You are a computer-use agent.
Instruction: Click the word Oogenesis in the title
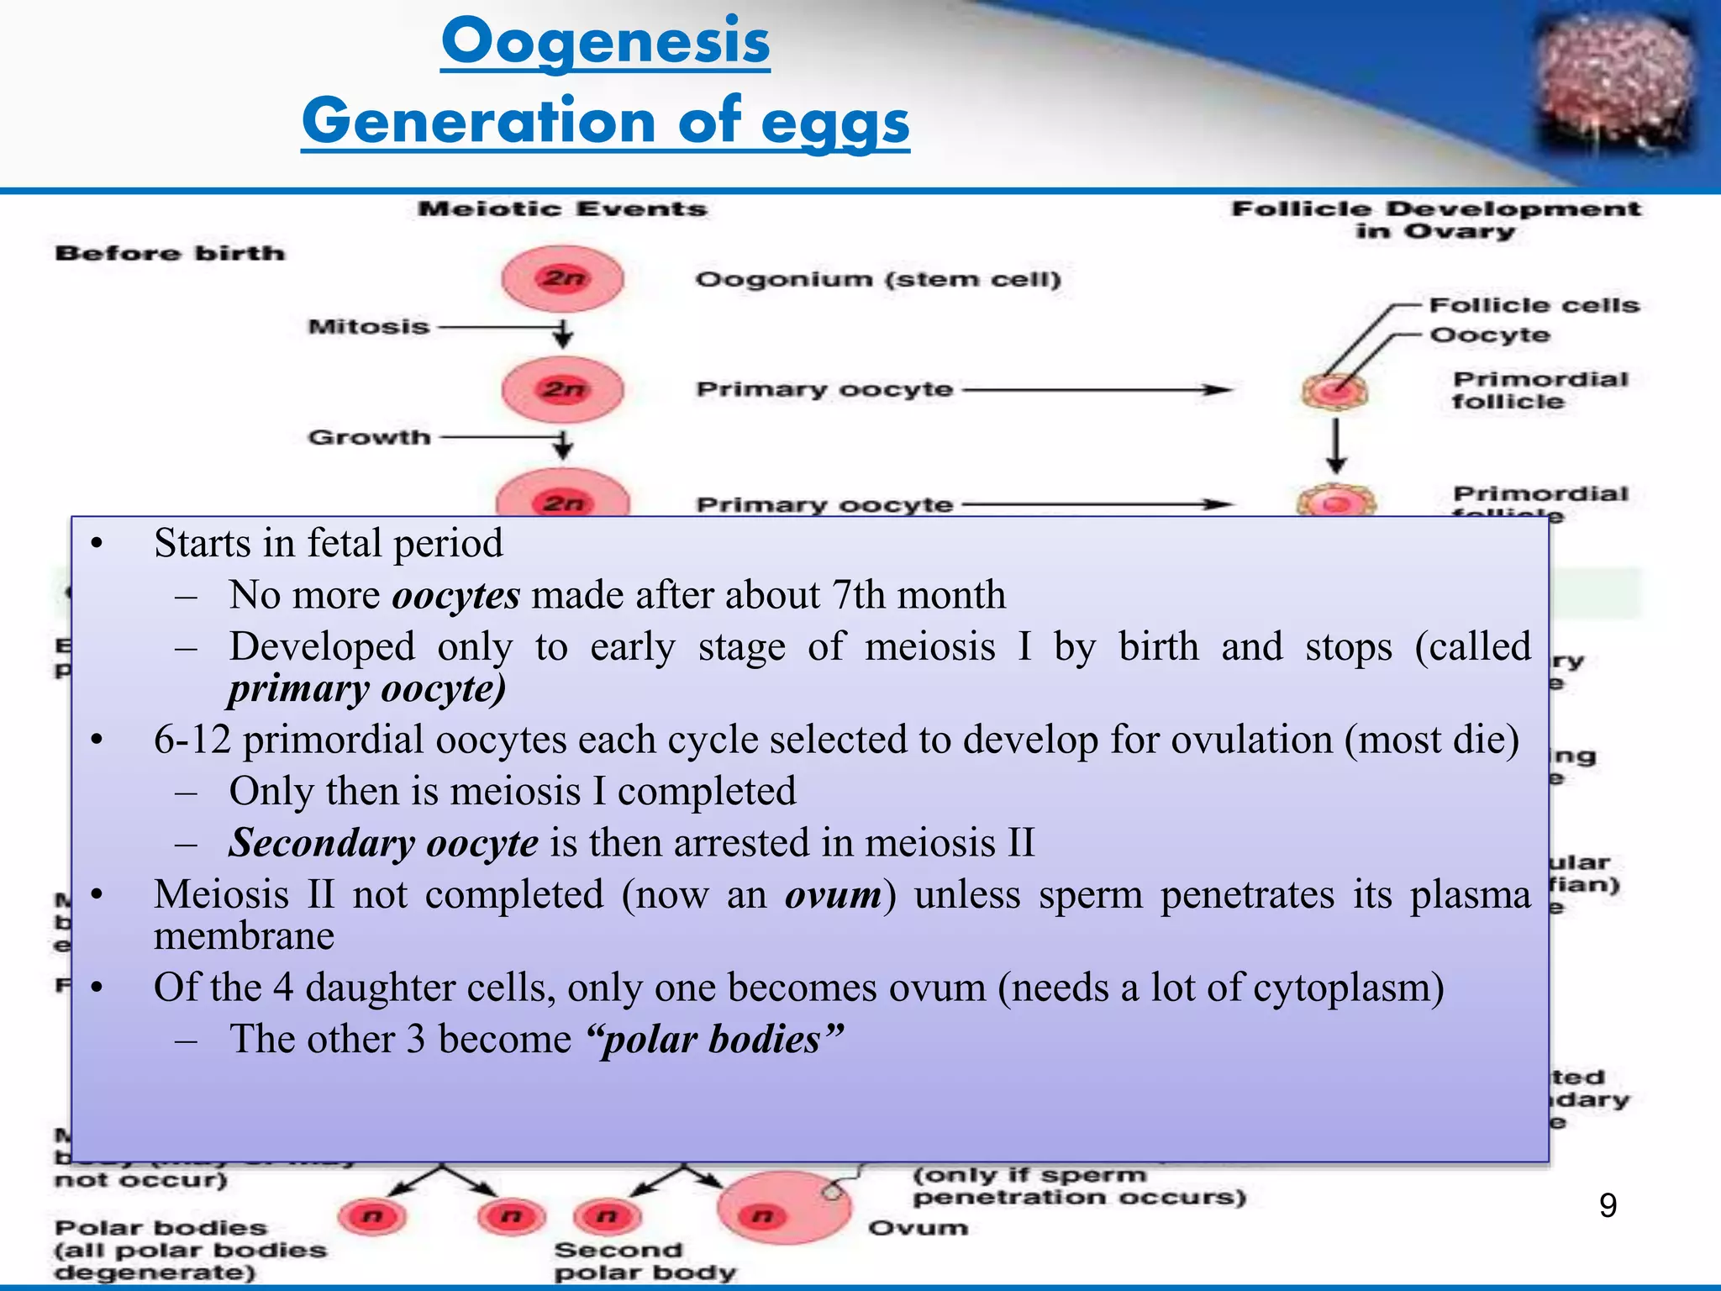[605, 42]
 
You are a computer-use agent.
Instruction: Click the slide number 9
[1608, 1206]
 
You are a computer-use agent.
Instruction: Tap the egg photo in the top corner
[1614, 84]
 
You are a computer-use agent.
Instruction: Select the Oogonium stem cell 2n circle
[562, 278]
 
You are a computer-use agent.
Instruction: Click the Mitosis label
[369, 326]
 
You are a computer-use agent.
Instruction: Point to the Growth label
[369, 437]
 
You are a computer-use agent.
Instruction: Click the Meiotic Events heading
[562, 208]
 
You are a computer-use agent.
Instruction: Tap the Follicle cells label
[1534, 305]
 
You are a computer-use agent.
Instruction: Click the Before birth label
[170, 253]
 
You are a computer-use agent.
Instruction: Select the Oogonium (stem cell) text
[878, 279]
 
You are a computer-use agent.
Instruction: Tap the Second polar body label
[645, 1261]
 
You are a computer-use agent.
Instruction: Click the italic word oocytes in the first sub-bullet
[456, 595]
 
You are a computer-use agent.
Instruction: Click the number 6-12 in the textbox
[192, 740]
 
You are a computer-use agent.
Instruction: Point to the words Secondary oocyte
[383, 843]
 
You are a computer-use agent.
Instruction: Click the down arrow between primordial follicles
[1336, 445]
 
